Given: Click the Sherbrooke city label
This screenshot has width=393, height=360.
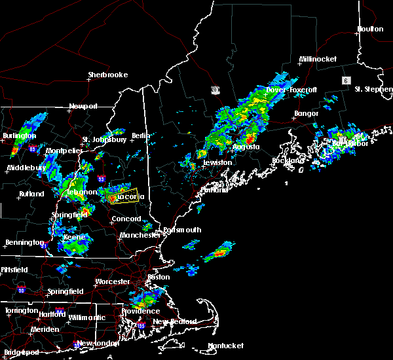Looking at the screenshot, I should (x=108, y=75).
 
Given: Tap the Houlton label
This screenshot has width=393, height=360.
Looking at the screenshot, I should (x=370, y=29).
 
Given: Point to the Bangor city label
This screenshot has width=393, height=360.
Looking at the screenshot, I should (x=306, y=113).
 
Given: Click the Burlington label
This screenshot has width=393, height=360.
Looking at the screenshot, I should (x=19, y=135).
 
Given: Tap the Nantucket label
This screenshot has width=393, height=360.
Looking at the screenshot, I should (x=225, y=346).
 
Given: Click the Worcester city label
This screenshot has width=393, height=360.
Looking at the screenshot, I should (x=113, y=281).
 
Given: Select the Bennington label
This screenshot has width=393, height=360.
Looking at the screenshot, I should (x=20, y=243).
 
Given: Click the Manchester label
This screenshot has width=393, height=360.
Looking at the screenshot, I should (x=140, y=234).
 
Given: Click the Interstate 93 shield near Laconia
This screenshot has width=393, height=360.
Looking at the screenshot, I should (x=101, y=177).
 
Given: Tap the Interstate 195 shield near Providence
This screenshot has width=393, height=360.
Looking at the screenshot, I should (x=141, y=325).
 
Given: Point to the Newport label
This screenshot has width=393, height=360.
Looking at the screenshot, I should (x=83, y=106).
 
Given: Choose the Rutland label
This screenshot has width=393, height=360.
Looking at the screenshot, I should (x=31, y=194).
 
